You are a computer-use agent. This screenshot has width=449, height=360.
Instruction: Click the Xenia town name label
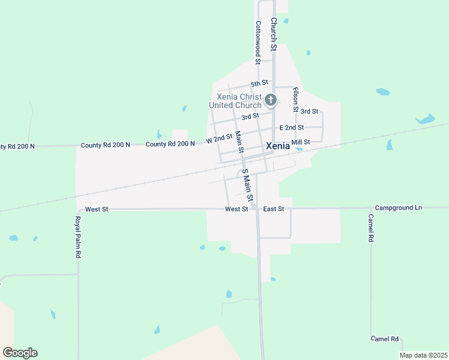point(278,146)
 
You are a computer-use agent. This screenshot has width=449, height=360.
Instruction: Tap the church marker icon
point(271,100)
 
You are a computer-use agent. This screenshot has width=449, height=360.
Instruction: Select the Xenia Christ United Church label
point(235,101)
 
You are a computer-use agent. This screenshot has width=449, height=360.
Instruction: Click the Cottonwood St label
point(258,42)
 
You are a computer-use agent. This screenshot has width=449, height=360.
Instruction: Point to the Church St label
point(273,34)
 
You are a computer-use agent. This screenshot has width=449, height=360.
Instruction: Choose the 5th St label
point(259,83)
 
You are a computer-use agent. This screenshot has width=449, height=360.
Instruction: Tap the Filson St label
point(295,100)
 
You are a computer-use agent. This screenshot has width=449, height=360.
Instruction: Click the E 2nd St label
point(292,128)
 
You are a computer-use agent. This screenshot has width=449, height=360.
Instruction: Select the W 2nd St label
point(219,139)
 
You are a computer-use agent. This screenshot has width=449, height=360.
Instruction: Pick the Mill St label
point(300,142)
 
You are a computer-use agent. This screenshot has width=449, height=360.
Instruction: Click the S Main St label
point(247,185)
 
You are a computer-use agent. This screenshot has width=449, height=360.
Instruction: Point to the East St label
point(273,209)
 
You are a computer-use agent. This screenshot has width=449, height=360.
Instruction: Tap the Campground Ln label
point(399,208)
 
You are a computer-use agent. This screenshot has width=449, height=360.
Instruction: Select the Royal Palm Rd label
point(78,237)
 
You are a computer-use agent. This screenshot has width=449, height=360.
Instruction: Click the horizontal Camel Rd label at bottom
point(385,339)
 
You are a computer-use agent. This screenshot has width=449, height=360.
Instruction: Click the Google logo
point(20,353)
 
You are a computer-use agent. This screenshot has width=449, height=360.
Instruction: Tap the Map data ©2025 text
point(424,355)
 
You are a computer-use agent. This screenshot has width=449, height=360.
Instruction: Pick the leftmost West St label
point(97,209)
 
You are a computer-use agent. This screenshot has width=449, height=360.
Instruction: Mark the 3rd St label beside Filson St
point(309,112)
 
